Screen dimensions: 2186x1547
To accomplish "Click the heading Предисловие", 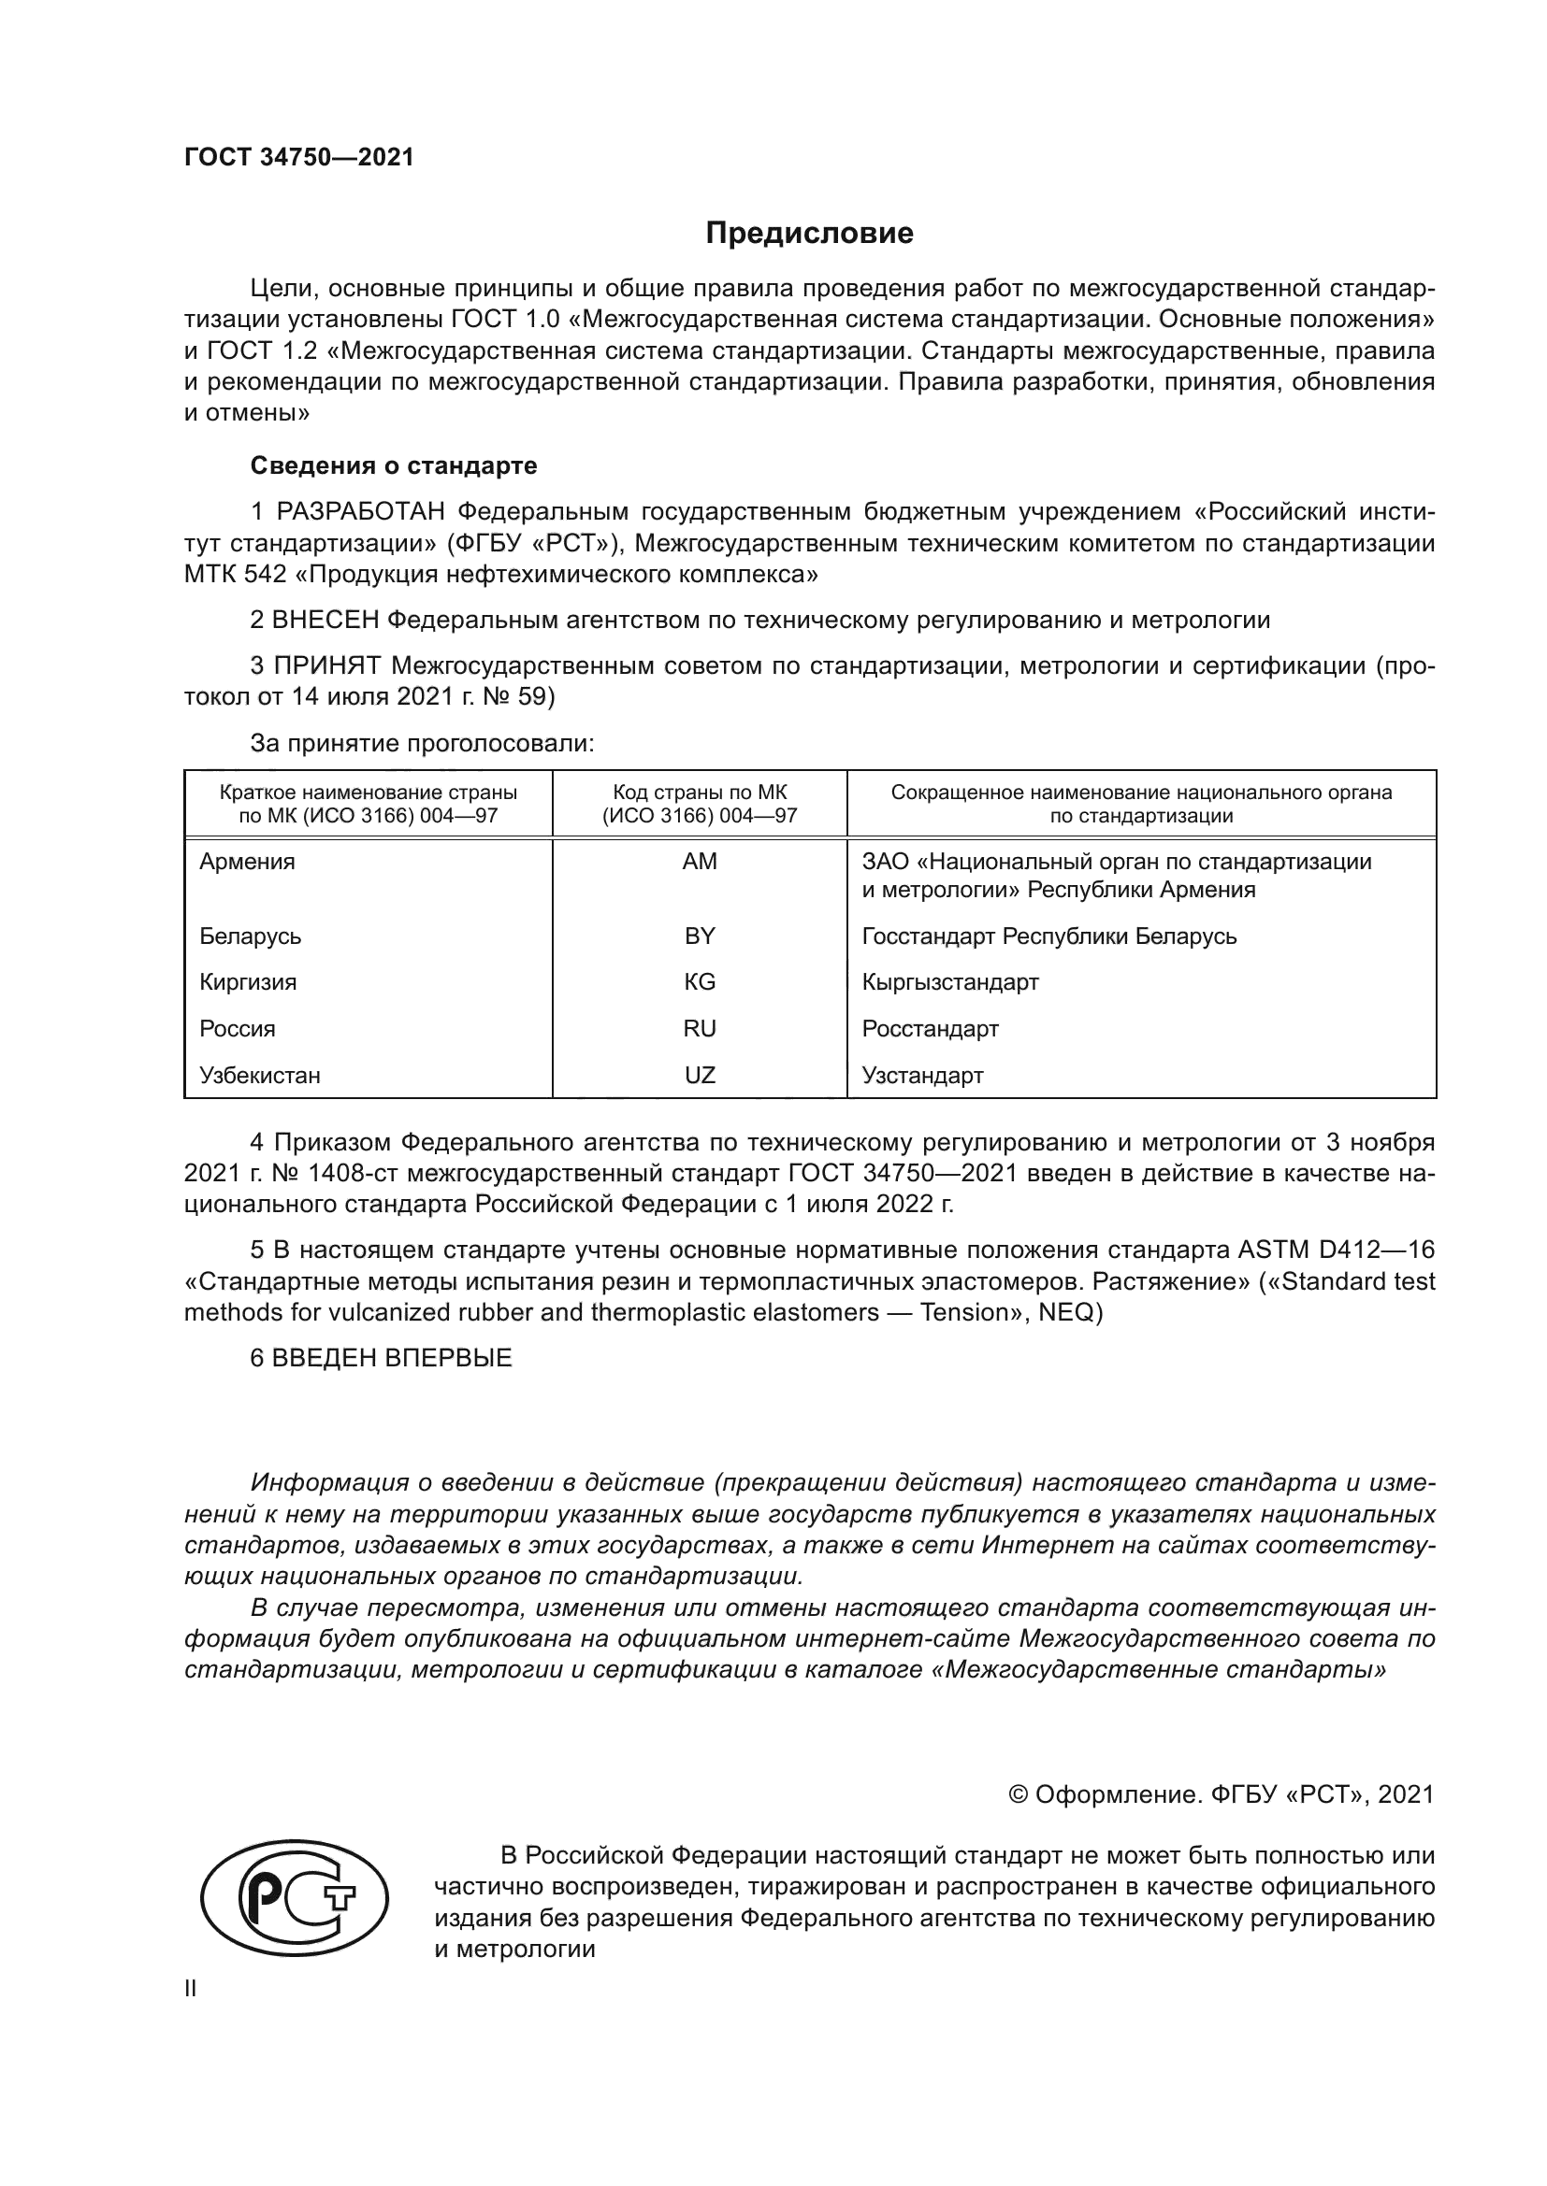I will pyautogui.click(x=809, y=234).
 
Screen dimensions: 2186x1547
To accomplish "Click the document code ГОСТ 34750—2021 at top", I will pyautogui.click(x=299, y=158).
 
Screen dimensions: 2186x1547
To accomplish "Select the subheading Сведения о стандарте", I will pyautogui.click(x=394, y=465).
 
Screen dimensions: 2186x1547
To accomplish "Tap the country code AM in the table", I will pyautogui.click(x=700, y=862).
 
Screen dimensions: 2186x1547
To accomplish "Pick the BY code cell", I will pyautogui.click(x=700, y=936).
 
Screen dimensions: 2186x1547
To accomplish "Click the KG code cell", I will pyautogui.click(x=700, y=981).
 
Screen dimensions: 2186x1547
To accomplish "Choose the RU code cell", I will pyautogui.click(x=700, y=1028).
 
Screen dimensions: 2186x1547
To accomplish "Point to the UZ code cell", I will pyautogui.click(x=700, y=1075).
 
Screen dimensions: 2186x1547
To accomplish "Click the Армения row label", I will pyautogui.click(x=248, y=862).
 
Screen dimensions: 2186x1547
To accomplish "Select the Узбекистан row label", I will pyautogui.click(x=260, y=1075).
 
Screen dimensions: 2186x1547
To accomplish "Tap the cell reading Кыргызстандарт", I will pyautogui.click(x=949, y=981).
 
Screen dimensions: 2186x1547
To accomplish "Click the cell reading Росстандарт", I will pyautogui.click(x=930, y=1028).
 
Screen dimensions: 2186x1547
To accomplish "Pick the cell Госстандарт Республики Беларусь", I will pyautogui.click(x=1048, y=936).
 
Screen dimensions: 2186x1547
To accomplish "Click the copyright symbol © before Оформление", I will pyautogui.click(x=1018, y=1794).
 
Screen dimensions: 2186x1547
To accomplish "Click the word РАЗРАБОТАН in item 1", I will pyautogui.click(x=360, y=512).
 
